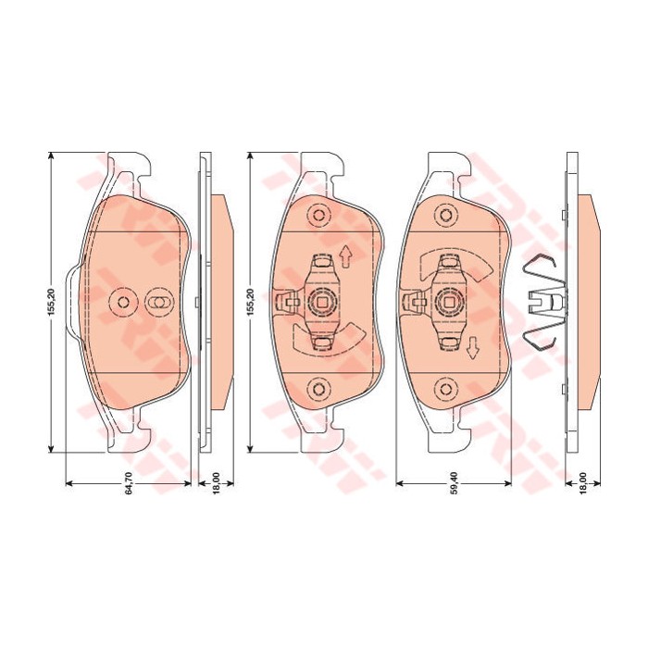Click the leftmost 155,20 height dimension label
pos(51,303)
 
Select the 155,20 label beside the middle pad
pos(252,303)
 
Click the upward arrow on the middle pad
pos(345,257)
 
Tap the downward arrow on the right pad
pos(472,347)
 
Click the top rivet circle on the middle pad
pos(318,216)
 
